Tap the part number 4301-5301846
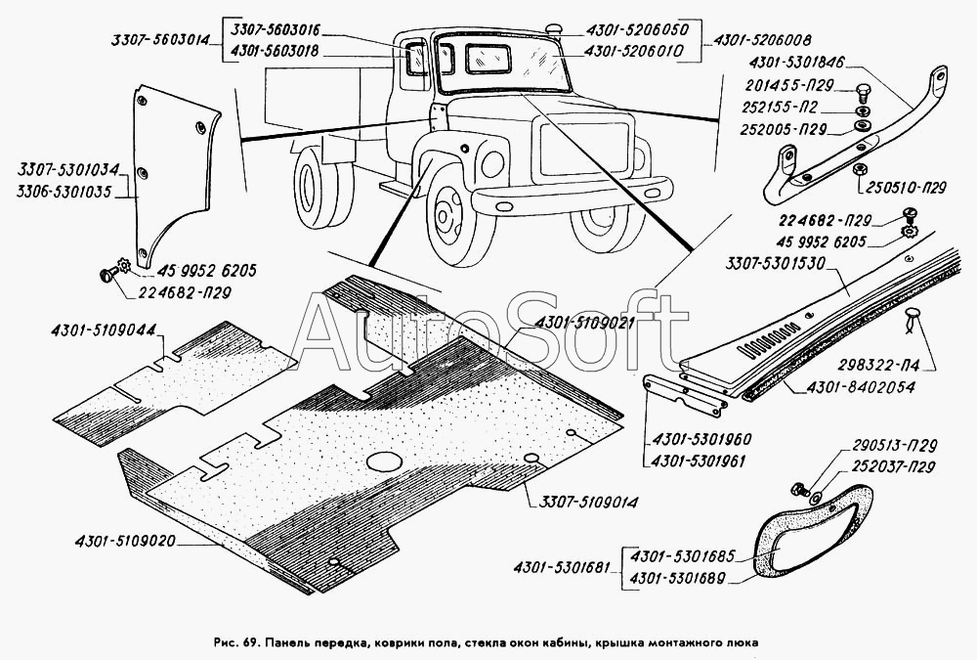click(797, 63)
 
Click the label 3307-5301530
click(776, 265)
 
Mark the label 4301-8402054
click(861, 387)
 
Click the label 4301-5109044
click(104, 330)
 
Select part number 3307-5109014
click(585, 502)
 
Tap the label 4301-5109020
click(125, 543)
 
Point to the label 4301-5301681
click(562, 568)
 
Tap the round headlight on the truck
click(492, 164)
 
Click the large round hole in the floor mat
click(384, 462)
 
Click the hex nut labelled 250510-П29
click(858, 170)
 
